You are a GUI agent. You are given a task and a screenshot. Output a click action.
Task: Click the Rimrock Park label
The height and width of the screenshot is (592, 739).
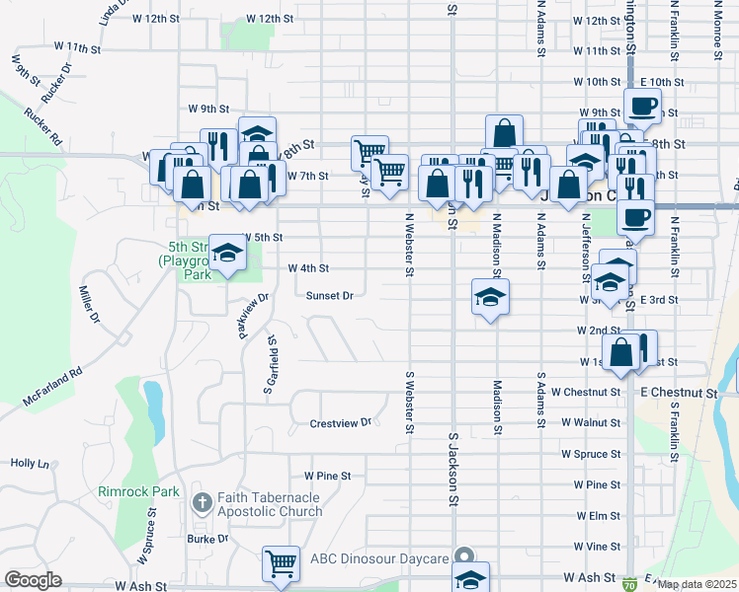point(138,490)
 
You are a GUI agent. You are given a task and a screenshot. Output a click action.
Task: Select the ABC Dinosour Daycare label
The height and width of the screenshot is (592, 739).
point(379,558)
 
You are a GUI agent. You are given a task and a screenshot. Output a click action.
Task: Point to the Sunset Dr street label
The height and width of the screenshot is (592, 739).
point(329,295)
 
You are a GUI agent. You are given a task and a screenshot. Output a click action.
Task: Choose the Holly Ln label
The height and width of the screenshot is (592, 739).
point(30,463)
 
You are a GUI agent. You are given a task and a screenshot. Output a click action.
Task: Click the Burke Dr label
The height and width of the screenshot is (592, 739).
point(207,539)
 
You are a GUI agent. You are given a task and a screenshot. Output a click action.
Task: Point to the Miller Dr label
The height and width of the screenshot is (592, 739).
point(89,304)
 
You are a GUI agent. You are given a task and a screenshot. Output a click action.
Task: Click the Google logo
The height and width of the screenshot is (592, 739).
point(33,579)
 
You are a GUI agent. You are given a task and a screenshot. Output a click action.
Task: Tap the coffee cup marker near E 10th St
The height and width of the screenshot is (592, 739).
point(641,105)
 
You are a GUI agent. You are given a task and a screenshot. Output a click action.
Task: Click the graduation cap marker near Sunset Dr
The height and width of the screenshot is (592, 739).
point(489,296)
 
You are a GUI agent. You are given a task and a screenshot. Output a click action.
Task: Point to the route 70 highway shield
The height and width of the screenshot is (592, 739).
point(628,585)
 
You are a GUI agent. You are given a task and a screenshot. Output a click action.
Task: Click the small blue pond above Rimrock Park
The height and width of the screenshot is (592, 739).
point(153,400)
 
